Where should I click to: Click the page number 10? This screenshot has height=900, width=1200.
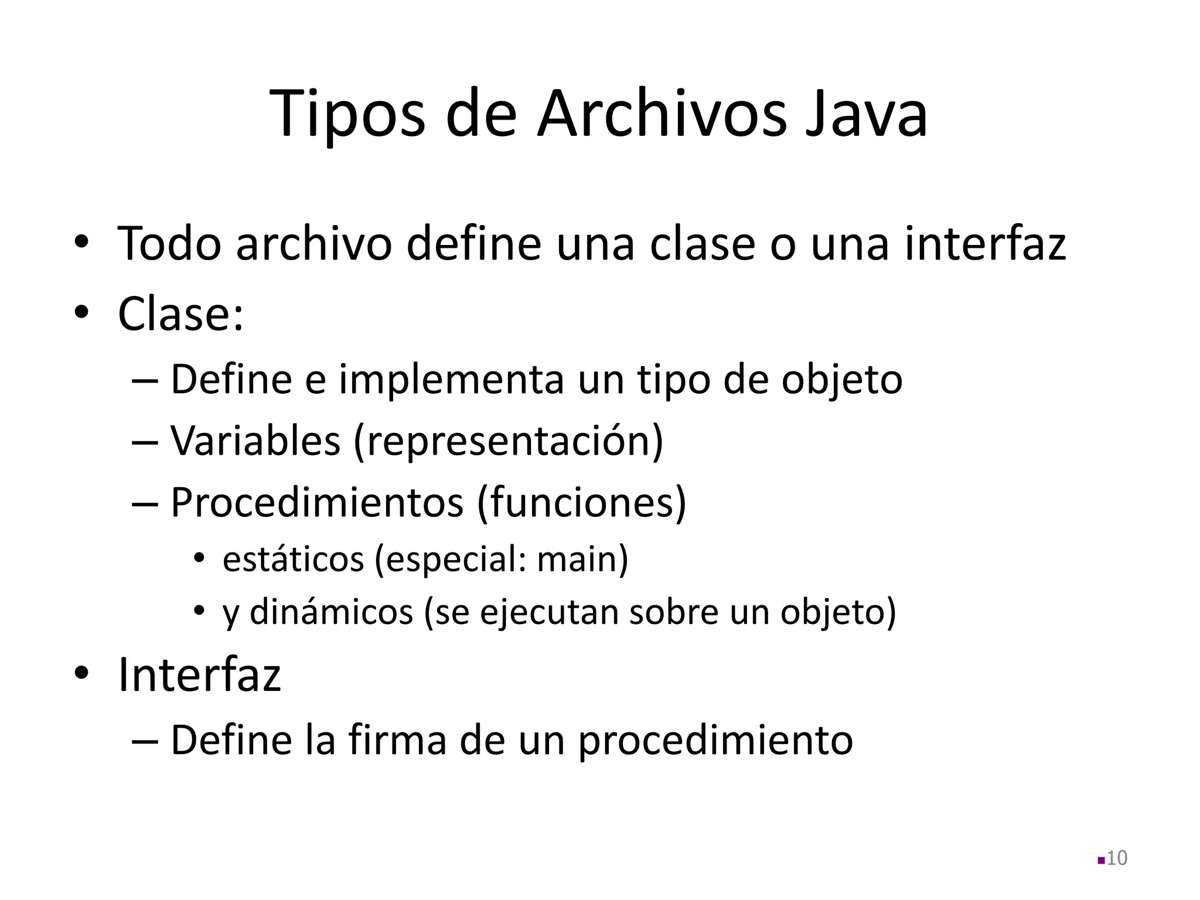coord(1117,858)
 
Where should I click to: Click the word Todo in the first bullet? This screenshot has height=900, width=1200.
coord(169,243)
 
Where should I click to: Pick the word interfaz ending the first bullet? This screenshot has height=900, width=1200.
coord(984,243)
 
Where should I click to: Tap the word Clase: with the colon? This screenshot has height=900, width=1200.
coord(180,314)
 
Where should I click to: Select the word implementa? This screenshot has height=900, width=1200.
coord(451,380)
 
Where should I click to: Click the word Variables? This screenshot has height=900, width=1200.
coord(255,441)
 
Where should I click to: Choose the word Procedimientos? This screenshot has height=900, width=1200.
coord(316,503)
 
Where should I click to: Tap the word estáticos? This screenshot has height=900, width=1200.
coord(293,559)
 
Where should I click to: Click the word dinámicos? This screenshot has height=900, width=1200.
coord(332,612)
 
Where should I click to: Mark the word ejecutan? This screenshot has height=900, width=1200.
coord(547,613)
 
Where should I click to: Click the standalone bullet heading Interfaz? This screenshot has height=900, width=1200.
coord(199,675)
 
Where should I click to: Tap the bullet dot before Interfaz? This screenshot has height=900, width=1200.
coord(81,673)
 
